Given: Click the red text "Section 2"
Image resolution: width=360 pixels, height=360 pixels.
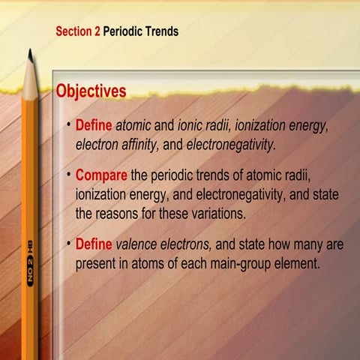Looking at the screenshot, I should click(x=78, y=32).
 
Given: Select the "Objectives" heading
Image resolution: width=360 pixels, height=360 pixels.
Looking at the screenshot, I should click(x=91, y=91).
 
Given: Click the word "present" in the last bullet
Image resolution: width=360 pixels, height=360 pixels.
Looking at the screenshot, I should click(x=95, y=265).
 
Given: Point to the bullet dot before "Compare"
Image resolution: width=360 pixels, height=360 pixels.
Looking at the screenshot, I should click(x=69, y=174).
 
